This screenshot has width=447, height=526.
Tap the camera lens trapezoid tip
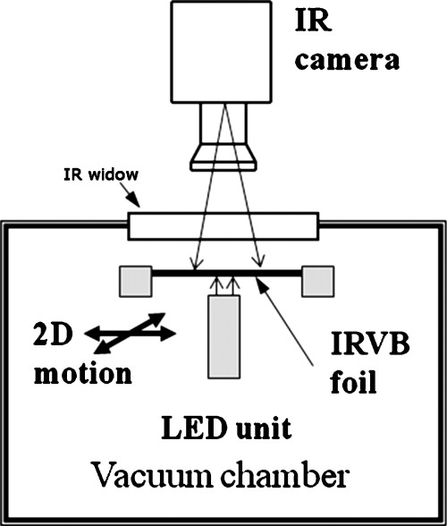point(223,159)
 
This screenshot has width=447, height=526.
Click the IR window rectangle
point(223,225)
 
